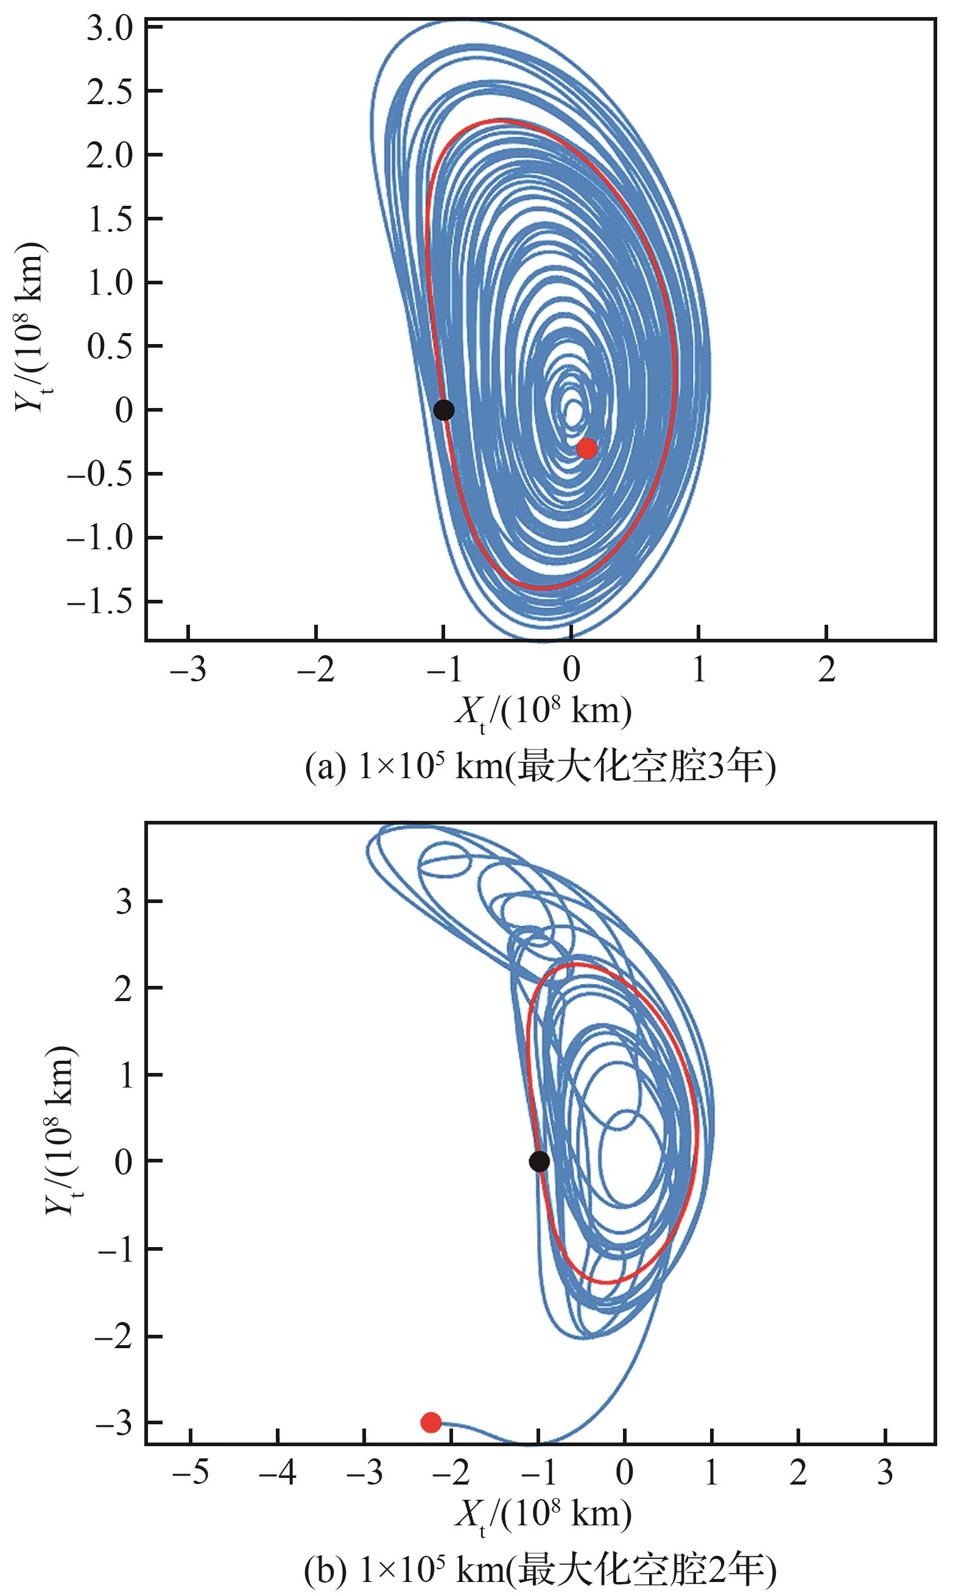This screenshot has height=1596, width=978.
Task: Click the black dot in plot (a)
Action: click(444, 409)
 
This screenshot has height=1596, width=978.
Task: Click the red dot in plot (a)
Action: click(587, 448)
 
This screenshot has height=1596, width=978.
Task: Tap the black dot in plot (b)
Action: click(540, 1161)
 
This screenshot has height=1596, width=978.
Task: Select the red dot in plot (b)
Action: click(431, 1422)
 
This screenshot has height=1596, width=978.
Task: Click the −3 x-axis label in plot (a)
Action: click(187, 671)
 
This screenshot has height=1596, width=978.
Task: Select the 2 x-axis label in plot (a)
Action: click(826, 671)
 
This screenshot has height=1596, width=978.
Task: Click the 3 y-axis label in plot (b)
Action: click(124, 902)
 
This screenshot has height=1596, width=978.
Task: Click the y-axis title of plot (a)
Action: click(29, 327)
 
